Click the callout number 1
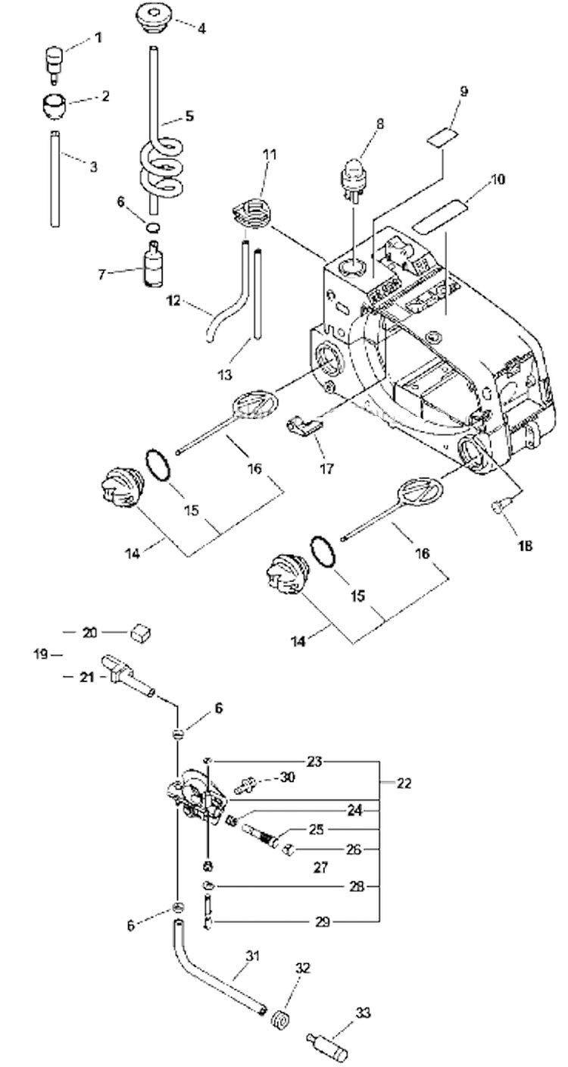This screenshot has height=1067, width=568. click(98, 38)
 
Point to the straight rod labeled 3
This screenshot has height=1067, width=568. click(55, 178)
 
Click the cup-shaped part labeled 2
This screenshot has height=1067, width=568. click(53, 104)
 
